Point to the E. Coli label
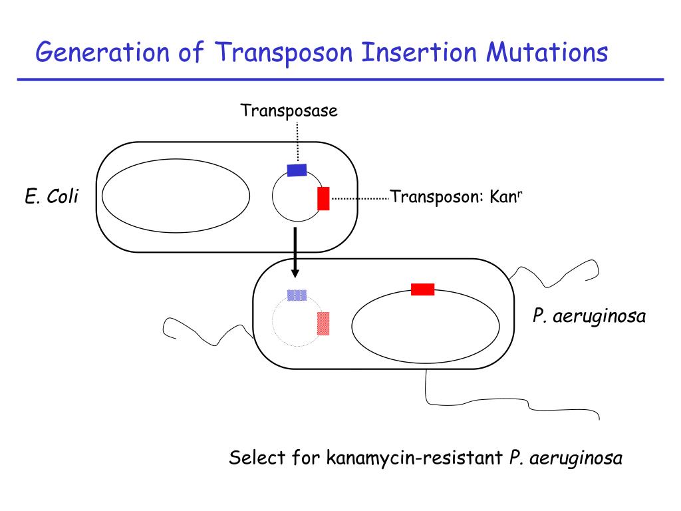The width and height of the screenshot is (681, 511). (52, 196)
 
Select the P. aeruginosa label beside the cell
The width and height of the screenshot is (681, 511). (589, 316)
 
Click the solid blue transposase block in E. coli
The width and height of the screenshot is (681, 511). (297, 170)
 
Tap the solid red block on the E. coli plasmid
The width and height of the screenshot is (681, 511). (323, 198)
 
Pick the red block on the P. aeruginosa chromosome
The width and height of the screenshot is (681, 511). (422, 289)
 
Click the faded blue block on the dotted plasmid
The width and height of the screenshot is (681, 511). (297, 295)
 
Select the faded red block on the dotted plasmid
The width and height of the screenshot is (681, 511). (323, 323)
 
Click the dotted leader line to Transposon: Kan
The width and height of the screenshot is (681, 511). (360, 198)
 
